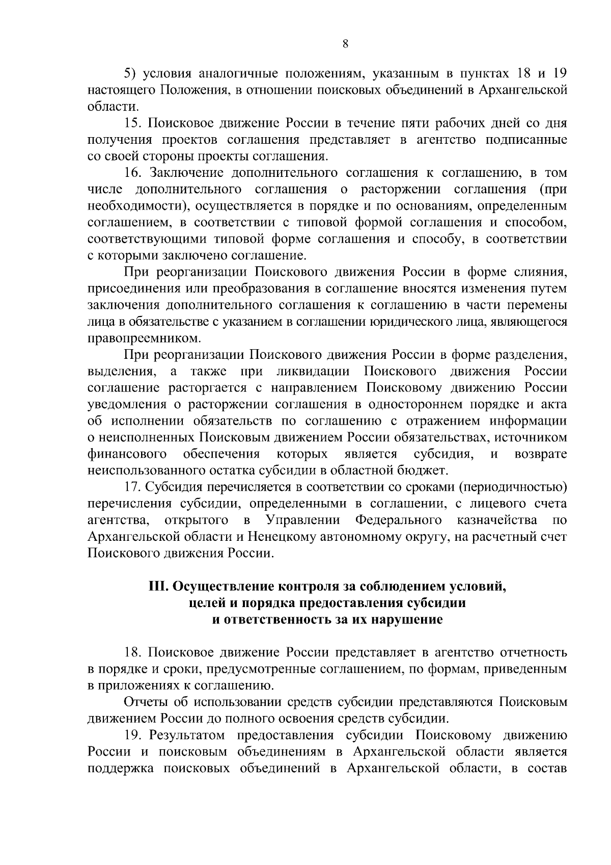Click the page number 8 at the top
pos(345,44)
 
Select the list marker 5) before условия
pos(132,74)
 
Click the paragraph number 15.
pos(134,123)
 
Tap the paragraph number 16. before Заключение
pos(134,173)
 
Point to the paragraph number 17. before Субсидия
pos(134,487)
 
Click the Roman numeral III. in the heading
pos(158,587)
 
